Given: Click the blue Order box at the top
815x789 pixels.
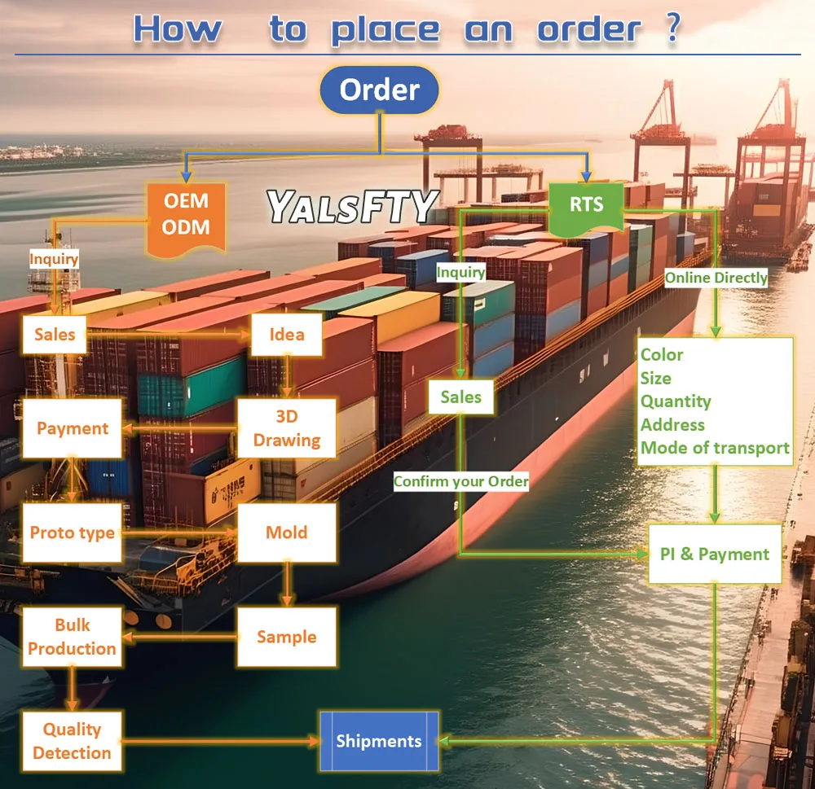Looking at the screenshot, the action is click(380, 90).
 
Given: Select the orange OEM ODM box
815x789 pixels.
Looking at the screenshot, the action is click(185, 214).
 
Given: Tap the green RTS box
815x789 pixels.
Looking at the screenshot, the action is click(586, 204).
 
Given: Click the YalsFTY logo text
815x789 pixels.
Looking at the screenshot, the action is click(353, 208).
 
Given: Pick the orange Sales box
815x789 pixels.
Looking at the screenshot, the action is click(55, 334).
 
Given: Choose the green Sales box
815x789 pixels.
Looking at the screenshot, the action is click(460, 397).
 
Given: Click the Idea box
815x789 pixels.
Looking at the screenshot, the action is click(287, 334).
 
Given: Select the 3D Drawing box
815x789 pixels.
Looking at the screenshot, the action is click(286, 428).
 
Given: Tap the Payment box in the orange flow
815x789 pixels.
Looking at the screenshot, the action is click(73, 428).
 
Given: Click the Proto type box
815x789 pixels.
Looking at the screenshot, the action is click(73, 533).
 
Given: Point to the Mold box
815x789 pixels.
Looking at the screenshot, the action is click(286, 533).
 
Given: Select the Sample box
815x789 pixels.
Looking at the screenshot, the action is click(286, 637).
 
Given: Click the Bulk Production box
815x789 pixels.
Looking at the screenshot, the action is click(73, 637).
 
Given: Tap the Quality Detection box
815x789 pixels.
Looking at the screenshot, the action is click(72, 741).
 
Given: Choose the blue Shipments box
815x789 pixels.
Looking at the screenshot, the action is click(379, 741).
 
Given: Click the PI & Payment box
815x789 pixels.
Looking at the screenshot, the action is click(714, 554).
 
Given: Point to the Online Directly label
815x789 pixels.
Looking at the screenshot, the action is click(716, 278).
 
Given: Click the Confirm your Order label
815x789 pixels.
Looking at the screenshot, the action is click(460, 481).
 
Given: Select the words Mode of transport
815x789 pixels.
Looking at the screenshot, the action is click(715, 448).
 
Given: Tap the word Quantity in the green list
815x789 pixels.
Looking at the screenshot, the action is click(676, 401).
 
